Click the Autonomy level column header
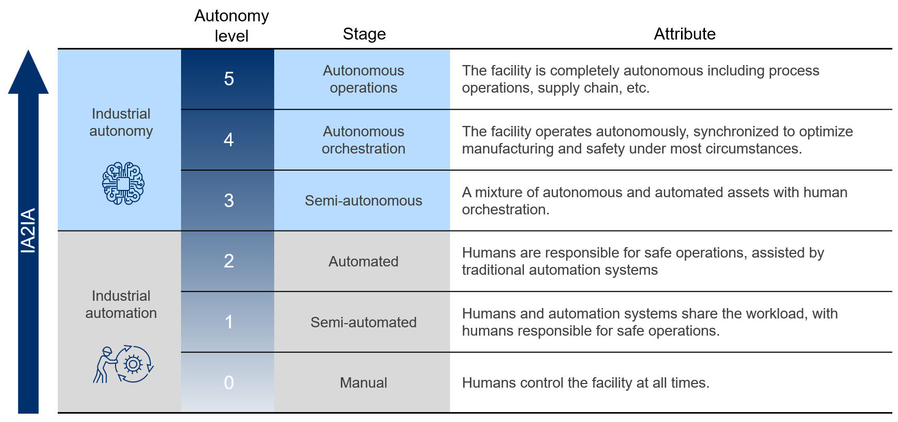232,26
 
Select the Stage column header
364,34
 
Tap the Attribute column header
684,34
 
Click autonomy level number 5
229,79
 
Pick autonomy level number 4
229,140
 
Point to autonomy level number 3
229,201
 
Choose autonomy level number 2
229,261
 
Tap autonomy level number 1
229,322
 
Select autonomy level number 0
229,383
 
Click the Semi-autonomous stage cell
363,201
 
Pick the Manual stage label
363,383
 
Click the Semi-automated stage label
363,323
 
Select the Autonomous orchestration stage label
363,140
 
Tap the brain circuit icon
123,183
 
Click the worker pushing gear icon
124,364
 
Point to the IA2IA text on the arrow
28,231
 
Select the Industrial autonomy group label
121,122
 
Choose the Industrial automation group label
121,304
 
